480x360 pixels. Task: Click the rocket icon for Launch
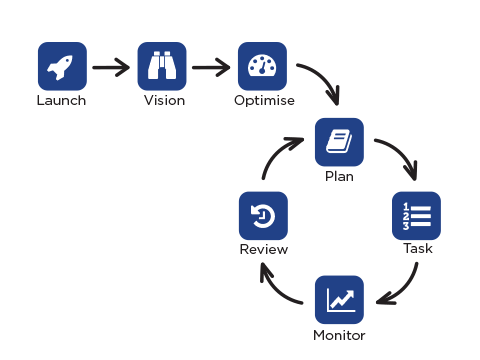click(62, 67)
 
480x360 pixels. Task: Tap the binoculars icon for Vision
click(162, 67)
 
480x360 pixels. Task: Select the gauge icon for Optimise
click(262, 67)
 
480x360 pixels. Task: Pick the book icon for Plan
click(339, 142)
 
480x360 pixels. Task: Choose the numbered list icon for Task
click(416, 216)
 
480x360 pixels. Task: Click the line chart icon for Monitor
click(339, 299)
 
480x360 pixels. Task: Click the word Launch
click(62, 100)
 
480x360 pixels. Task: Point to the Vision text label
click(163, 100)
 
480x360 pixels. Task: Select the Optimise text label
click(262, 100)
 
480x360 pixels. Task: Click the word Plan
click(339, 176)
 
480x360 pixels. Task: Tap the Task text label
click(417, 249)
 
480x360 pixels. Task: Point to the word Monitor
click(339, 333)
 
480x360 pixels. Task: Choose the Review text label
click(264, 250)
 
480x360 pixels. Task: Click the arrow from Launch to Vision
click(111, 68)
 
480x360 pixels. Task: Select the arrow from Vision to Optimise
click(211, 68)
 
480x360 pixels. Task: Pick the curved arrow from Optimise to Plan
click(320, 84)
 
